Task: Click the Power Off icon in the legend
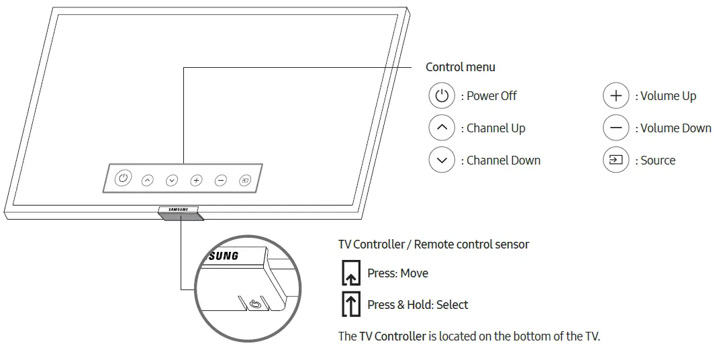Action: pyautogui.click(x=441, y=96)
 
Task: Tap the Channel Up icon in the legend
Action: pyautogui.click(x=441, y=128)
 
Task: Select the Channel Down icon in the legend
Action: pyautogui.click(x=441, y=160)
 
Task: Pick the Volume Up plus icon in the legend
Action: pyautogui.click(x=615, y=96)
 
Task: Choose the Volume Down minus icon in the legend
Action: pyautogui.click(x=615, y=128)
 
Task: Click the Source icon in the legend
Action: pyautogui.click(x=615, y=160)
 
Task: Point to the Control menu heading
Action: pyautogui.click(x=460, y=67)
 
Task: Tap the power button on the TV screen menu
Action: pyautogui.click(x=122, y=179)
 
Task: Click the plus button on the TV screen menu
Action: pyautogui.click(x=196, y=180)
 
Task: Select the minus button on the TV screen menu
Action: pyautogui.click(x=221, y=180)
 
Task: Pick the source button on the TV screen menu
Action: pyautogui.click(x=246, y=180)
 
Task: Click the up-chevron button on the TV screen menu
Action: pyautogui.click(x=147, y=180)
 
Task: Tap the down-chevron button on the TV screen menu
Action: pyautogui.click(x=172, y=180)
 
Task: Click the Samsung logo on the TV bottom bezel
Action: pyautogui.click(x=179, y=210)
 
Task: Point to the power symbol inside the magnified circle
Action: pyautogui.click(x=255, y=305)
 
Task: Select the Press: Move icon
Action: pyautogui.click(x=351, y=273)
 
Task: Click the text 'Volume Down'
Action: pyautogui.click(x=675, y=128)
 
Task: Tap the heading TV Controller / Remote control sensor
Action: pyautogui.click(x=433, y=244)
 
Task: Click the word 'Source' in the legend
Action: pyautogui.click(x=657, y=161)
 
